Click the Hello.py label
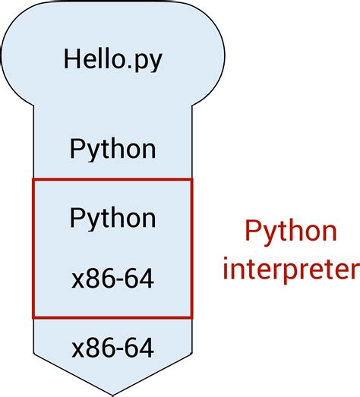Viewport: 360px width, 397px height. click(112, 59)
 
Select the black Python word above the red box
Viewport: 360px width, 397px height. click(112, 149)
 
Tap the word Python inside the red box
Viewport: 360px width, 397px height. click(112, 218)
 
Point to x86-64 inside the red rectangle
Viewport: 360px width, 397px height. click(112, 279)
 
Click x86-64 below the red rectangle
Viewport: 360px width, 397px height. click(112, 348)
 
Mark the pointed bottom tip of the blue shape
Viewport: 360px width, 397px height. click(113, 394)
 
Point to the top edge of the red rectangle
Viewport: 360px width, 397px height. click(112, 179)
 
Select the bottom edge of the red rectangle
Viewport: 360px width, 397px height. click(112, 317)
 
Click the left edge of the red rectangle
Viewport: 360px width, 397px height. click(33, 248)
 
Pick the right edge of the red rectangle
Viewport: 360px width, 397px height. click(192, 248)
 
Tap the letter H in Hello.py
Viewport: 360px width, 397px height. click(71, 58)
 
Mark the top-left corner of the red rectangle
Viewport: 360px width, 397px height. click(33, 179)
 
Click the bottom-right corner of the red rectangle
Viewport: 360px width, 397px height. click(192, 317)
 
